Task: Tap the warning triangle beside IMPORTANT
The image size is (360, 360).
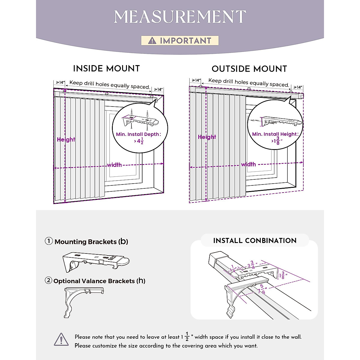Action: click(x=152, y=40)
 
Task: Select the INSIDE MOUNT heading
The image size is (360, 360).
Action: click(x=106, y=68)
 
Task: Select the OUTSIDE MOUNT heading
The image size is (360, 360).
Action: click(x=249, y=69)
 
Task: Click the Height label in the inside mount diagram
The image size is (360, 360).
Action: click(x=66, y=139)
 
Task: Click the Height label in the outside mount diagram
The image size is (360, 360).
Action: click(x=207, y=137)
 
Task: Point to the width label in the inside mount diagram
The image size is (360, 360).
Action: click(x=114, y=165)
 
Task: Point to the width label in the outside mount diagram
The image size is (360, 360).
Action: click(x=248, y=164)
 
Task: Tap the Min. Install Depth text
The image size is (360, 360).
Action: click(x=138, y=134)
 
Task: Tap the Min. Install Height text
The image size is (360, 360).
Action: click(x=275, y=134)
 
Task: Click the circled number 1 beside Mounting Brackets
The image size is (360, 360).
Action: click(x=49, y=241)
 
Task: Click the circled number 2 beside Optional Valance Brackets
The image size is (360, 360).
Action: click(x=48, y=280)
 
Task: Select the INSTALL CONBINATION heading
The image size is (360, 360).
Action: click(x=255, y=241)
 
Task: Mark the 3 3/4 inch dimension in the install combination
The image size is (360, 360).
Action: click(x=251, y=265)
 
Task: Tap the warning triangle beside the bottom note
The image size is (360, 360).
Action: click(x=61, y=339)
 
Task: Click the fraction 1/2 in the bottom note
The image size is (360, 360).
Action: click(x=187, y=337)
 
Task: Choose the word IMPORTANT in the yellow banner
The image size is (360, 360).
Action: click(x=185, y=40)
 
